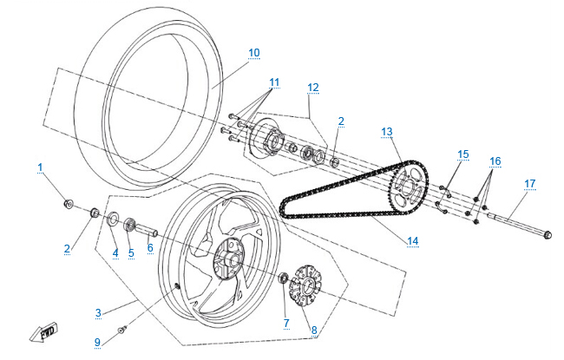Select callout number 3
[x=99, y=311]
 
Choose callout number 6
[x=149, y=247]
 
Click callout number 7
[x=287, y=323]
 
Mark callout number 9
[x=97, y=341]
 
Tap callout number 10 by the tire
[x=253, y=53]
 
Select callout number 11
[x=274, y=83]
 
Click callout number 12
[x=312, y=87]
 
